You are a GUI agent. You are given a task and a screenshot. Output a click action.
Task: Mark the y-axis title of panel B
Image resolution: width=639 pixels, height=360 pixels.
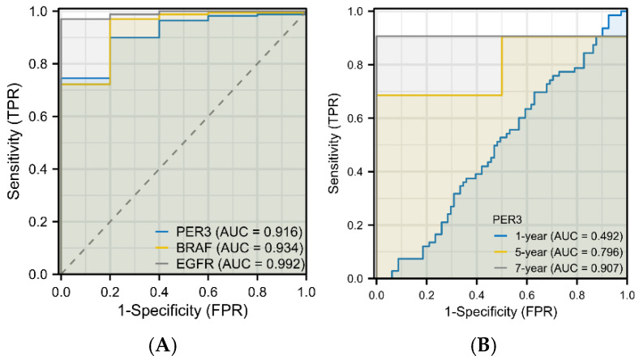point(336,144)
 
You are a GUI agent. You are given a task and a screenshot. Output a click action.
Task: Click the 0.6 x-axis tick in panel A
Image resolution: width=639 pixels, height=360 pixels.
point(208,288)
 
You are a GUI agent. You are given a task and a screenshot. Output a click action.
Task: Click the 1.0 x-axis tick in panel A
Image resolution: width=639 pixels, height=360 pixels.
point(306,288)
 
